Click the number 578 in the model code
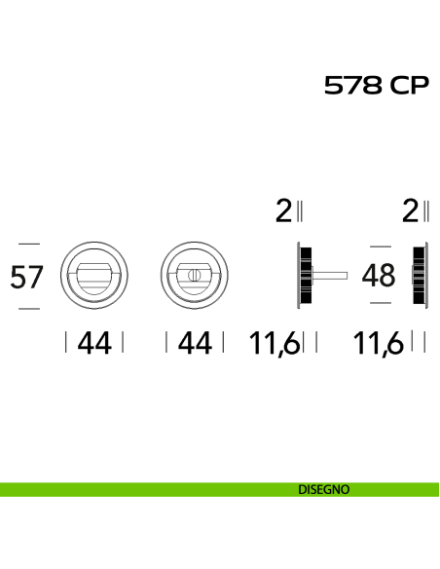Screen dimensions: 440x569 pos(353,86)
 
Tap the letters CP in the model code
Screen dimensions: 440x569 pos(410,86)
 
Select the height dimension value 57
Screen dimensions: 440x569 pos(27,278)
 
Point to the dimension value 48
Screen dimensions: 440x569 pos(379,275)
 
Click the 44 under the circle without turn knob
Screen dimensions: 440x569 pos(94,343)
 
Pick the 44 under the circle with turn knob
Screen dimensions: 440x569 pos(195,343)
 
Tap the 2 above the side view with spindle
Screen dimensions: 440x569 pos(283,211)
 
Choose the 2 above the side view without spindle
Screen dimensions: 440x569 pos(410,211)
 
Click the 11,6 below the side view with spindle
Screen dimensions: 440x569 pos(275,343)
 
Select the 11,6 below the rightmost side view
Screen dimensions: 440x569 pos(378,343)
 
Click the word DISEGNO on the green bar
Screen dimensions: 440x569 pos(323,489)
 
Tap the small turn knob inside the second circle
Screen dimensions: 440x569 pos(194,275)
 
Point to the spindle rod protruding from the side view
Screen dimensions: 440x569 pos(330,276)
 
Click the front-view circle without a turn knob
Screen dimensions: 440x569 pos(93,242)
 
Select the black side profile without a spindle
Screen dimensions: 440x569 pos(421,276)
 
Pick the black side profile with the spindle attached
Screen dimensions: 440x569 pos(305,276)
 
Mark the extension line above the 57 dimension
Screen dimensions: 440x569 pos(29,244)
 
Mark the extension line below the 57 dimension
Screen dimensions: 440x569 pos(29,309)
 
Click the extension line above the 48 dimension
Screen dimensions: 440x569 pos(381,247)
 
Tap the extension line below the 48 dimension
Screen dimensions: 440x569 pos(381,303)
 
